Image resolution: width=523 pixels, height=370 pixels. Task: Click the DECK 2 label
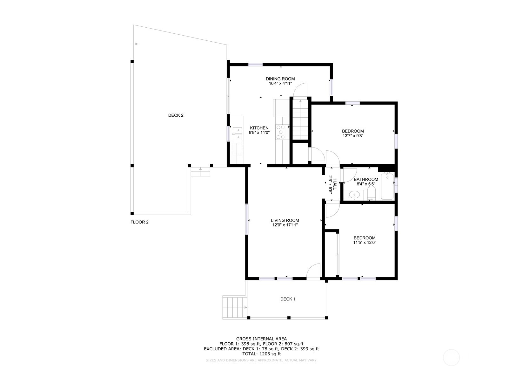tap(176, 115)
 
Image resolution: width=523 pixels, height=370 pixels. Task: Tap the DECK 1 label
tap(288, 299)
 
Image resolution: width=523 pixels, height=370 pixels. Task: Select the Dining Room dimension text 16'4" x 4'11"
tap(280, 84)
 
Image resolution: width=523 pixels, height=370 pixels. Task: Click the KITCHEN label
tap(259, 128)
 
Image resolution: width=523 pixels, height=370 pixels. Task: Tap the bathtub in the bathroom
tap(387, 186)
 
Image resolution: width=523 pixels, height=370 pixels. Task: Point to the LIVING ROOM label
tap(285, 220)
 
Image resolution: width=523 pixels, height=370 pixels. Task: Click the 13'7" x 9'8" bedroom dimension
tap(352, 135)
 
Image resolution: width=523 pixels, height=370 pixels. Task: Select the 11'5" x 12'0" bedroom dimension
tap(365, 243)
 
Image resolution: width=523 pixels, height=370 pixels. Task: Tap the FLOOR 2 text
tap(139, 222)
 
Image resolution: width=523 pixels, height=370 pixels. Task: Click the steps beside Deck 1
tap(235, 307)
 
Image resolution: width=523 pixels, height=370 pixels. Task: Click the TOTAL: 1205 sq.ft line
tap(261, 353)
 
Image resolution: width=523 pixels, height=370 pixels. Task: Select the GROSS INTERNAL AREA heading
tap(261, 339)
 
